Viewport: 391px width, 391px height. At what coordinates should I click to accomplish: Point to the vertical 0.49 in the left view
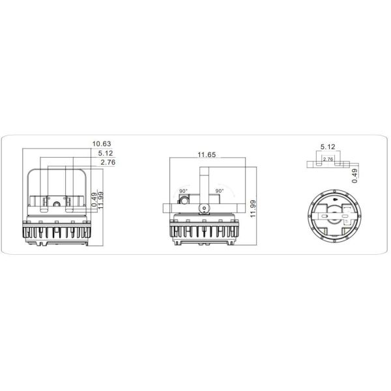pyautogui.click(x=94, y=198)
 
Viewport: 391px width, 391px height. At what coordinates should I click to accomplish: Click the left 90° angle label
pyautogui.click(x=184, y=191)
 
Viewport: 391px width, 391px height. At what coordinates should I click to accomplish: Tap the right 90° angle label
pyautogui.click(x=219, y=191)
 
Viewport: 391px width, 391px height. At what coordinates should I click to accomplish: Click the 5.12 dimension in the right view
pyautogui.click(x=327, y=147)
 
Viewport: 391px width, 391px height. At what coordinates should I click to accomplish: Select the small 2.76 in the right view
pyautogui.click(x=328, y=158)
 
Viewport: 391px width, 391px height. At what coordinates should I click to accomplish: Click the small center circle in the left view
pyautogui.click(x=57, y=205)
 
